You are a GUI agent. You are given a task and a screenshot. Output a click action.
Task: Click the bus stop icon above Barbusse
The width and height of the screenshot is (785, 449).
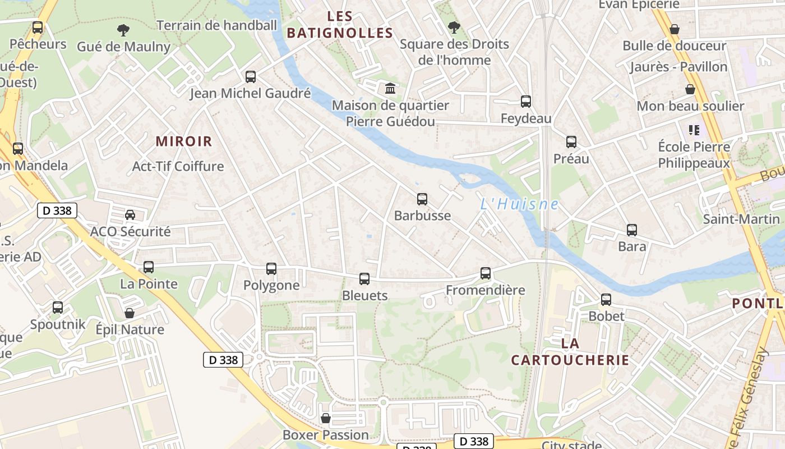pos(422,199)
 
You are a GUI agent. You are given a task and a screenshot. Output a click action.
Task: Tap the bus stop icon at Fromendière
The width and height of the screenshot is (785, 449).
pos(486,273)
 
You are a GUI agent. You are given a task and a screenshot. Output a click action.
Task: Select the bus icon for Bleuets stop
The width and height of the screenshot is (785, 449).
pos(364,278)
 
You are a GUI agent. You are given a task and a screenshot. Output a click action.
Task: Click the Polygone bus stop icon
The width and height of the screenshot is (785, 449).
pos(271,269)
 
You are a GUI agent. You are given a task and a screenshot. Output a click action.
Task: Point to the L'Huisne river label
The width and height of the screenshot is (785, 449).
pos(519,204)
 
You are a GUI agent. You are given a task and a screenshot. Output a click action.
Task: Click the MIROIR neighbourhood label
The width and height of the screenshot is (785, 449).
pos(184,141)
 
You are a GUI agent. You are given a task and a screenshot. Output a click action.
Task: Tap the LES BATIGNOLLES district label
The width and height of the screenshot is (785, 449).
pos(340,25)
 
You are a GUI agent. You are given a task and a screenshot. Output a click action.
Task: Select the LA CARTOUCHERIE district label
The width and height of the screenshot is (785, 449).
pos(570,351)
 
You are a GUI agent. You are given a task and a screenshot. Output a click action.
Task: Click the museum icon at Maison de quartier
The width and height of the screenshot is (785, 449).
pos(390,89)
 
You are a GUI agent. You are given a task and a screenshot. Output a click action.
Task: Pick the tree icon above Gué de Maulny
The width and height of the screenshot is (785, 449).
pos(123,30)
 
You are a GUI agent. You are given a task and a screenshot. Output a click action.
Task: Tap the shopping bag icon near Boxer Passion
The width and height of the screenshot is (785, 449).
pos(325,418)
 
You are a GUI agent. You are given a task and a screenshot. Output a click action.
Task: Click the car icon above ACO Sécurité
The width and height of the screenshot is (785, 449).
pos(130,214)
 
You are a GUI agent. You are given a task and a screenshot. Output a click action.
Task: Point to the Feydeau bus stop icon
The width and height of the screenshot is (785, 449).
pos(526,102)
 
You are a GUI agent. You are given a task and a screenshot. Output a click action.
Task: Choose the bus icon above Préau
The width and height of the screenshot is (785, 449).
pos(571,142)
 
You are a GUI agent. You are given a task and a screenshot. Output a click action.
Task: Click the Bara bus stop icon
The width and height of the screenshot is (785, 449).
pos(632,230)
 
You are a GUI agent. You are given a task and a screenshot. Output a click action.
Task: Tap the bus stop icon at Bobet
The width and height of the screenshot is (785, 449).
pos(606,300)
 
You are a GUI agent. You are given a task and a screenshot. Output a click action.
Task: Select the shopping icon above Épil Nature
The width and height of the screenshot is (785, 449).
pos(130,313)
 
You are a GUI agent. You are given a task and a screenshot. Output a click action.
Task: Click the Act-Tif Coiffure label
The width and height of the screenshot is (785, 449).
pos(178,166)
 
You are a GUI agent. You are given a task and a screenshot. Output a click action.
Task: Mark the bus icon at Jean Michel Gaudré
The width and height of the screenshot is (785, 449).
pos(251,77)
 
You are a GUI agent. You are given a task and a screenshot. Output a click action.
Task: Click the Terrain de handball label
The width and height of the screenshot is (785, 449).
pos(216,25)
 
